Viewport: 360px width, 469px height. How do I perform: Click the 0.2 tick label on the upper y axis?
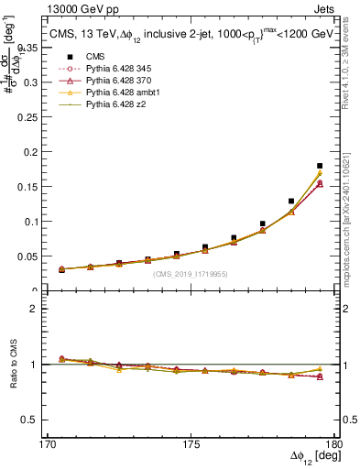(40, 151)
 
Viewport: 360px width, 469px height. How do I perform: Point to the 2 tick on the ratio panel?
(44, 309)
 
